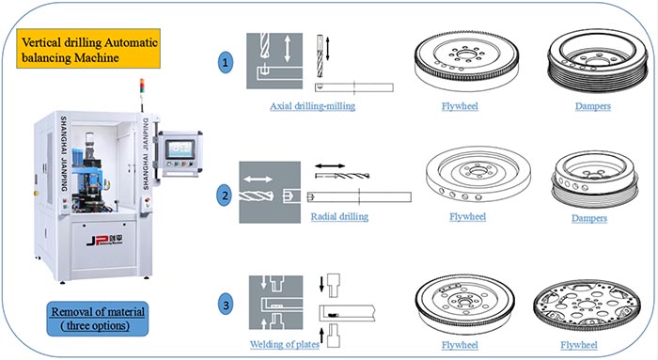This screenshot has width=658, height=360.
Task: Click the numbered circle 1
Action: coord(225,65)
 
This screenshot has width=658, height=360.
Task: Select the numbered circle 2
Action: coord(225,196)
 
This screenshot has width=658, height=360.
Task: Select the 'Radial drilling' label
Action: coord(338,217)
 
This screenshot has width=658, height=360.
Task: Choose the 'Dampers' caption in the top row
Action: coord(594,107)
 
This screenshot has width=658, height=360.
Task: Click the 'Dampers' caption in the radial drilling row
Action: coord(594,218)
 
